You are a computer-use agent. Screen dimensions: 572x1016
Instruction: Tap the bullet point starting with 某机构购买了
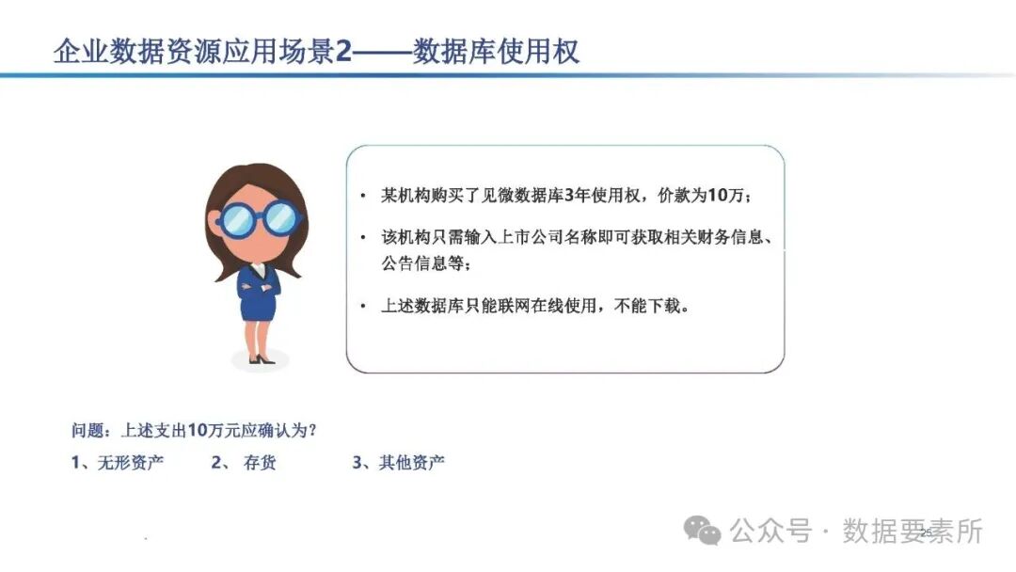565,196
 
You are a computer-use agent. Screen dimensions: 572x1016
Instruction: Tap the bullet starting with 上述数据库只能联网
534,306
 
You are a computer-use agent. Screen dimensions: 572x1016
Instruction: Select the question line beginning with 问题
194,430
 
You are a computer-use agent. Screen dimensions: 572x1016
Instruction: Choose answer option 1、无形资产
118,462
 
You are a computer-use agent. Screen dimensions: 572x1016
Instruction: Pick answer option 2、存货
245,462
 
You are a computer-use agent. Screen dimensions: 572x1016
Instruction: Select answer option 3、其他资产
398,462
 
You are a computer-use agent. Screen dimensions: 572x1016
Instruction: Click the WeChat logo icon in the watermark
703,531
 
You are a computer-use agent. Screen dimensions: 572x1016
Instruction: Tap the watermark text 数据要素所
912,531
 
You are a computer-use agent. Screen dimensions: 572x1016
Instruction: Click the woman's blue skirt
256,308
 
